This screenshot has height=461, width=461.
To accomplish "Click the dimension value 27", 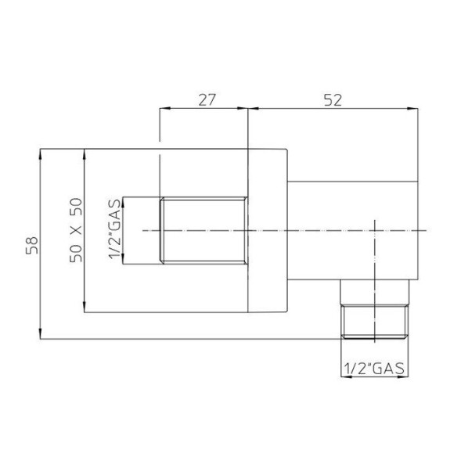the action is [x=207, y=100].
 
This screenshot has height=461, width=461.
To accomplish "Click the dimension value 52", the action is [x=333, y=100].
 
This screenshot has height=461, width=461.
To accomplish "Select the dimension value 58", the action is [x=32, y=245].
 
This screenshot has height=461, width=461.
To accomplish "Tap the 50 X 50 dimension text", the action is [x=76, y=230].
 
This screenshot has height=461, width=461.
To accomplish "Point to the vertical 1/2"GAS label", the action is [x=115, y=229].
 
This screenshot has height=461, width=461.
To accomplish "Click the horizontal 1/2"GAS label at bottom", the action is [x=374, y=369].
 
